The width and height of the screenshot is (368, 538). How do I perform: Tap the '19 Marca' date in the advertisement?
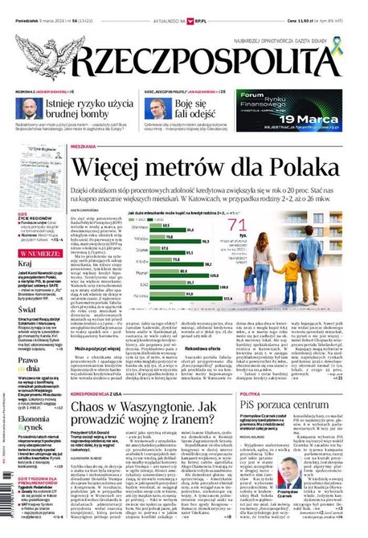pos(318,114)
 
